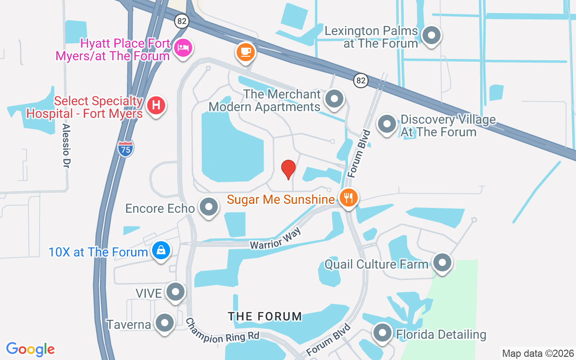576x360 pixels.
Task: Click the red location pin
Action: pyautogui.click(x=288, y=169)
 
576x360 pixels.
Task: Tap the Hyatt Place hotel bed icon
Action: pyautogui.click(x=183, y=48)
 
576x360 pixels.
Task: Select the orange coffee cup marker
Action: pyautogui.click(x=245, y=52)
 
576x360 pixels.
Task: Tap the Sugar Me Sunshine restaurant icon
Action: pyautogui.click(x=348, y=198)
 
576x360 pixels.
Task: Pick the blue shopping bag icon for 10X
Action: pyautogui.click(x=161, y=250)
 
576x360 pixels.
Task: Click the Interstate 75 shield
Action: pyautogui.click(x=126, y=148)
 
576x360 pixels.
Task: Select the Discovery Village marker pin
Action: pyautogui.click(x=386, y=124)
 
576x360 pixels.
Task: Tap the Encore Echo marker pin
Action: pyautogui.click(x=208, y=207)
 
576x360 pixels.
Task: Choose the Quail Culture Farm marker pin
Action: pyautogui.click(x=442, y=262)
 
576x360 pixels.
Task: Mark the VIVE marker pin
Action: pyautogui.click(x=175, y=292)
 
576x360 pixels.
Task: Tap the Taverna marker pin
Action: pyautogui.click(x=164, y=323)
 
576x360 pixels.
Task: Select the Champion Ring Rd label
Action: pyautogui.click(x=222, y=331)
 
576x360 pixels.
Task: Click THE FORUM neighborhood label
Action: pyautogui.click(x=265, y=316)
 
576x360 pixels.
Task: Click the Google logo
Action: pyautogui.click(x=31, y=349)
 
